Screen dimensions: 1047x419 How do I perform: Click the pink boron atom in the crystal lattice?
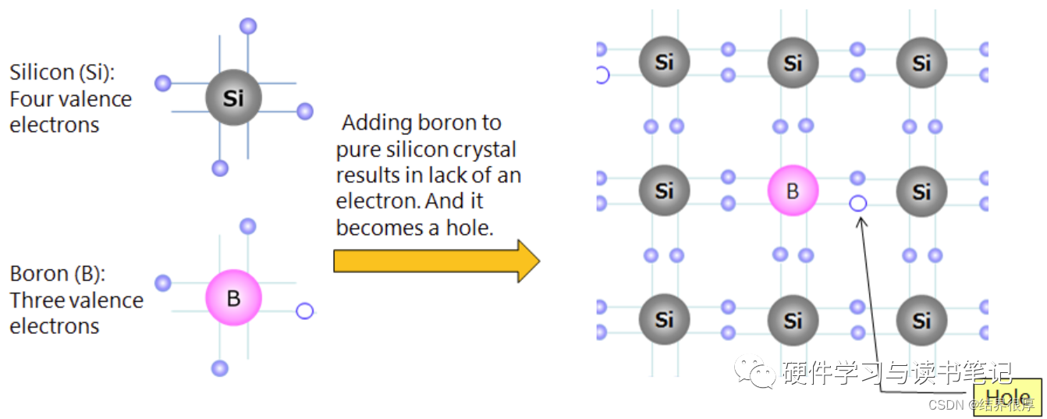point(793,191)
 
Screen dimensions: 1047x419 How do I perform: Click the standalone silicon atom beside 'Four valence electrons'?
point(233,98)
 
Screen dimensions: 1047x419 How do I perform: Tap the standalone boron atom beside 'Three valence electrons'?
point(233,298)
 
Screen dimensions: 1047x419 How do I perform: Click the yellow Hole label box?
point(1006,395)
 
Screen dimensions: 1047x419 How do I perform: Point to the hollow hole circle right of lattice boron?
point(857,204)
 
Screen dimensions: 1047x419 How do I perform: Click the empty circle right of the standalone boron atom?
point(304,311)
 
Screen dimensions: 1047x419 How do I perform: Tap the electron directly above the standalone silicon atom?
point(248,27)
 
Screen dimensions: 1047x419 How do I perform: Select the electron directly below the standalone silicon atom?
point(220,168)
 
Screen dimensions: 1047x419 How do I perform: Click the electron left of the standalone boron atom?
point(163,283)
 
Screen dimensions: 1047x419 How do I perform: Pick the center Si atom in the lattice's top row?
point(793,62)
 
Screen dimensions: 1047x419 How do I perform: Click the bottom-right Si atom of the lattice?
point(921,320)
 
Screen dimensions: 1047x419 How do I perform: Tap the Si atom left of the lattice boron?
point(664,191)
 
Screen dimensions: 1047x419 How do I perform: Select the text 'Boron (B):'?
point(57,274)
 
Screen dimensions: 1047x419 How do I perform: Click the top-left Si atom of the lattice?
point(664,62)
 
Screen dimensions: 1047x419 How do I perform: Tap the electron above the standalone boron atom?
point(248,227)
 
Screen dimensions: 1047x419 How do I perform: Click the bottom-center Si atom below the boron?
point(793,320)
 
